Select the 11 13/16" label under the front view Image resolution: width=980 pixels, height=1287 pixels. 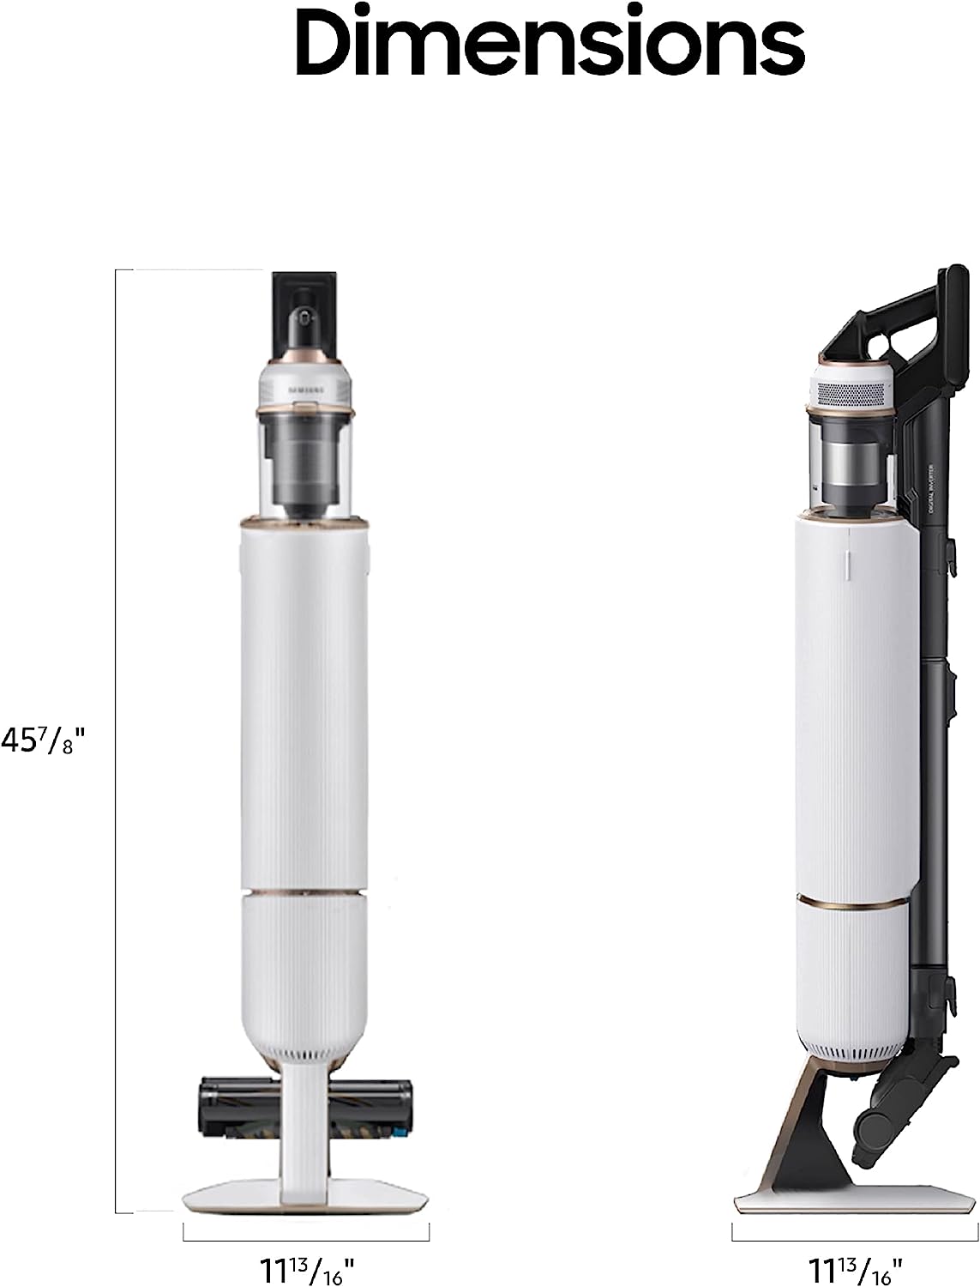coord(306,1265)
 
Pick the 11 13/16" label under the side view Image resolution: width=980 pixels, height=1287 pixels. coord(854,1265)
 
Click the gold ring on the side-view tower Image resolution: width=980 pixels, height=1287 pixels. coord(853,902)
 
